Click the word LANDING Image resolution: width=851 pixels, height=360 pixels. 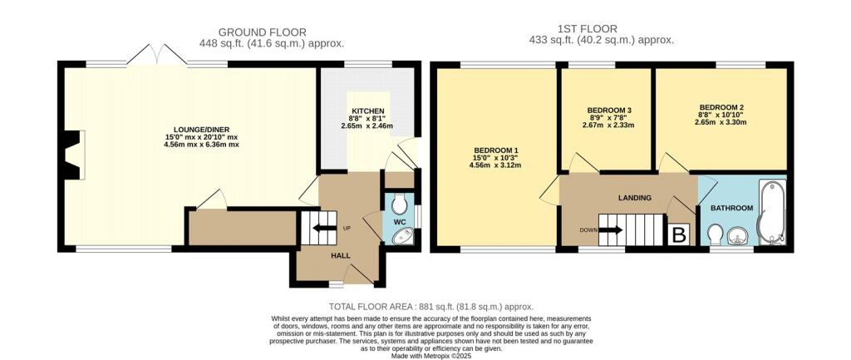pyautogui.click(x=634, y=198)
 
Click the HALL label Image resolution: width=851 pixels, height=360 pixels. pyautogui.click(x=340, y=255)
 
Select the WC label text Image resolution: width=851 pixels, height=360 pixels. pyautogui.click(x=400, y=222)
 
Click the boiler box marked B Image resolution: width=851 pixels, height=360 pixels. pyautogui.click(x=679, y=234)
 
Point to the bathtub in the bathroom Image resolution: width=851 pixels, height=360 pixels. pyautogui.click(x=770, y=210)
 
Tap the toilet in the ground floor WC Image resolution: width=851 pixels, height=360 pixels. pyautogui.click(x=400, y=203)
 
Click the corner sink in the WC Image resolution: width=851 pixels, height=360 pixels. pyautogui.click(x=402, y=235)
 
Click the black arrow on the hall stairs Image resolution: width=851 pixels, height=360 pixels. pyautogui.click(x=323, y=228)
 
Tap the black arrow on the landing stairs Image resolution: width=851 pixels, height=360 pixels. pyautogui.click(x=611, y=229)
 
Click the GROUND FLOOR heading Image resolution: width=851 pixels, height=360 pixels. pyautogui.click(x=263, y=32)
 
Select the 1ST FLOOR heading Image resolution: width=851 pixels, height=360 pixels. pyautogui.click(x=587, y=29)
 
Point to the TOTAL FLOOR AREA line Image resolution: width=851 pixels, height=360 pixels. pyautogui.click(x=431, y=306)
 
